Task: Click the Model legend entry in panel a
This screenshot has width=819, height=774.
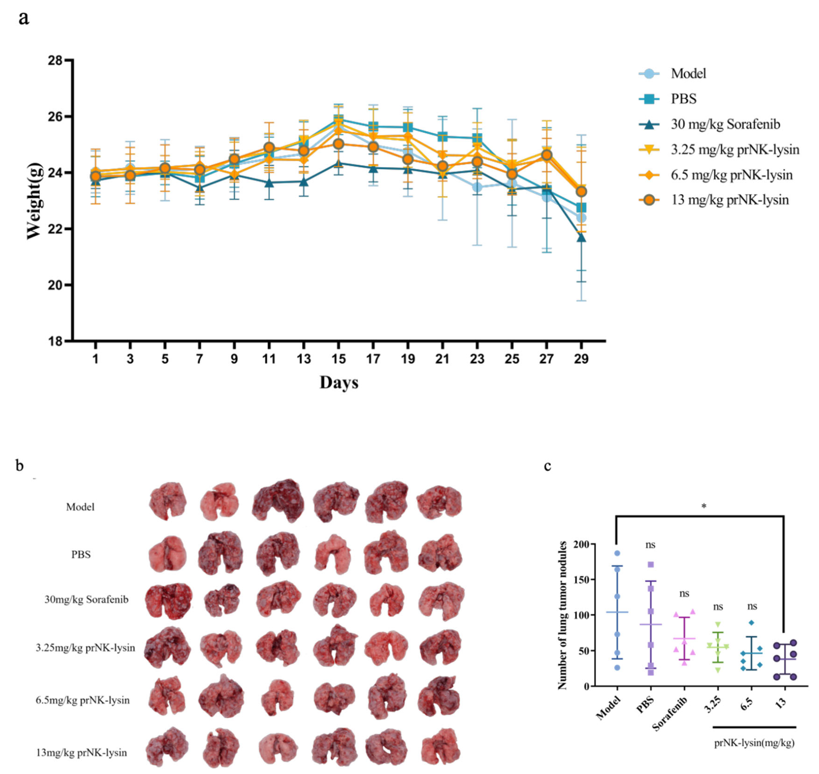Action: pyautogui.click(x=688, y=74)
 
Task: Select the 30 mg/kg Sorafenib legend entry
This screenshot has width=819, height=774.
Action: pyautogui.click(x=725, y=124)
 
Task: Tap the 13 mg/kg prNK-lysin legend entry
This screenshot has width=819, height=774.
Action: pyautogui.click(x=729, y=200)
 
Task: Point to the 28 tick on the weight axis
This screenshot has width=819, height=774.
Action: pyautogui.click(x=55, y=61)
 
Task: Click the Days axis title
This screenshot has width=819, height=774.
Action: pyautogui.click(x=339, y=382)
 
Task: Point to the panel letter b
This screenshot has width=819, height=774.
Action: pyautogui.click(x=19, y=466)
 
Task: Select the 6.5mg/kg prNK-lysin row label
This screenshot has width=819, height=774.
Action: pyautogui.click(x=82, y=700)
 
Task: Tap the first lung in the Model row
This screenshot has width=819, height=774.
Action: pyautogui.click(x=168, y=501)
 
